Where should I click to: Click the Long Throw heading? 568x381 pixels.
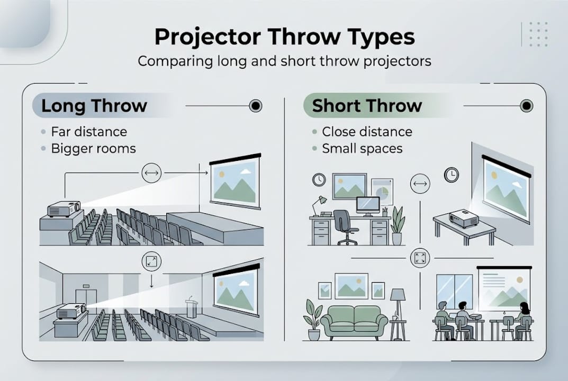coord(94,105)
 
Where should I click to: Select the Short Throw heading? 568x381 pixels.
coord(366,105)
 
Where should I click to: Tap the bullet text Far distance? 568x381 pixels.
coord(89,132)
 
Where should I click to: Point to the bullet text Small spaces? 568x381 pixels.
coord(362,149)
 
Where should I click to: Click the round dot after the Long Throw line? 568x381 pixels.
coord(256,106)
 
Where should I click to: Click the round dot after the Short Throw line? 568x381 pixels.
coord(526,106)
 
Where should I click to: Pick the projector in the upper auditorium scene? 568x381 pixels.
coord(64,209)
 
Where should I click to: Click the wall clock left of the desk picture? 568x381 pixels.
coord(319,179)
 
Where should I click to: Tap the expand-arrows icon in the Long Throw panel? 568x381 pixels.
coord(151,261)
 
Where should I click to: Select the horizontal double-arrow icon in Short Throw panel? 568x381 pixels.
coord(420,184)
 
